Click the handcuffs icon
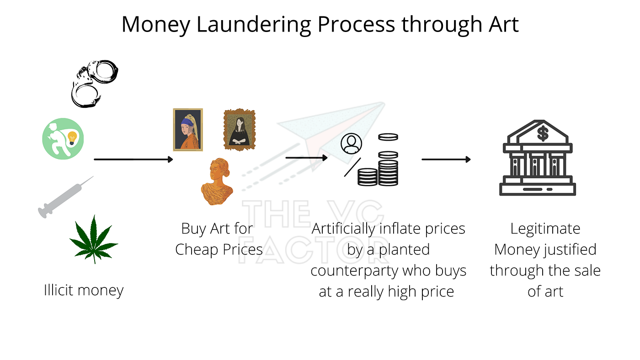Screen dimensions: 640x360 click(95, 83)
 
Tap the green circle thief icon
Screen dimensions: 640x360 click(64, 138)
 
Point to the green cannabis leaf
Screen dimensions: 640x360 click(94, 238)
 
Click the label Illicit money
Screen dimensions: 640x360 click(84, 290)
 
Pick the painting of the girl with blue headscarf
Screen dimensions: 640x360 click(188, 129)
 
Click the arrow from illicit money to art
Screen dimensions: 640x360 click(133, 159)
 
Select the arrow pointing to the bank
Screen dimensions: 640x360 click(446, 159)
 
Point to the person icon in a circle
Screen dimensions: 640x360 click(351, 144)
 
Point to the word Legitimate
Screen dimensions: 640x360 click(545, 228)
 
